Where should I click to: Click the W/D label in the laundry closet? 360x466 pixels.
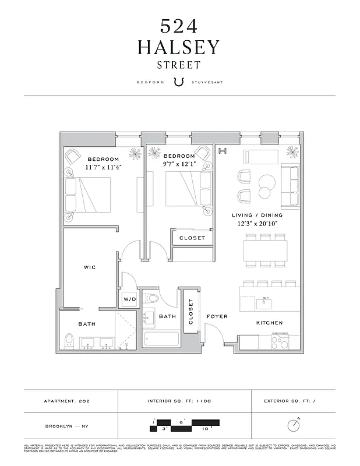pos(128,299)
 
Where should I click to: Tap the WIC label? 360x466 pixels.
pos(90,267)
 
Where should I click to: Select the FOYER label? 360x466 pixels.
pos(217,316)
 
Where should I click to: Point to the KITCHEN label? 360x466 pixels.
pos(270,323)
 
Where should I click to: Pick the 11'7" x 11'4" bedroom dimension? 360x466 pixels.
pos(103,167)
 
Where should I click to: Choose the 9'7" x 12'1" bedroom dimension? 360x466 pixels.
pos(179,164)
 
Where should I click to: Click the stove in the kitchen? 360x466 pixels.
pos(280,340)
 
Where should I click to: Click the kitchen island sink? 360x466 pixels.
pos(266,303)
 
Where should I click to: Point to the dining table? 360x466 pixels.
pos(266,251)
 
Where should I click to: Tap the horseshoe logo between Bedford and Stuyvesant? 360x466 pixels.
pos(179,82)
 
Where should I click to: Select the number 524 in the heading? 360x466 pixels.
pos(179,25)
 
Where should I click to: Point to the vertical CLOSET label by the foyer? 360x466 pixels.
pos(190,312)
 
